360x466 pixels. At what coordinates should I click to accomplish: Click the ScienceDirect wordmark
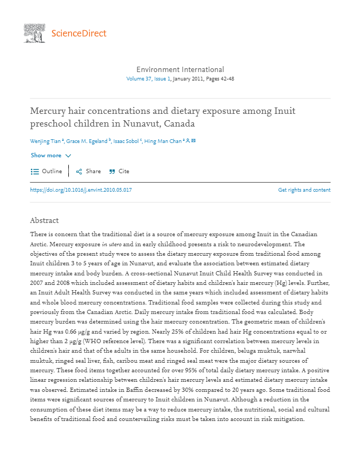coord(79,33)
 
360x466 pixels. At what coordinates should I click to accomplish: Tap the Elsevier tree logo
coord(34,33)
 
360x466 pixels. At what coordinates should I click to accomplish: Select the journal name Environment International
coord(180,69)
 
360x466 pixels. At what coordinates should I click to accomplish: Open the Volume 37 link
coord(139,79)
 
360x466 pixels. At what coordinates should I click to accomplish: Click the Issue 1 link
coord(162,79)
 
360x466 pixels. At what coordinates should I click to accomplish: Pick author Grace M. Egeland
coord(87,141)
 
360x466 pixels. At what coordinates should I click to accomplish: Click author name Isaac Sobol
coord(126,141)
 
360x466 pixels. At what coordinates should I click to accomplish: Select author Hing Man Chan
coord(163,141)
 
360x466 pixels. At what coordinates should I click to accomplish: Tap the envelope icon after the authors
coord(194,141)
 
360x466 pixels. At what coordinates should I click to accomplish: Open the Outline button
coord(46,172)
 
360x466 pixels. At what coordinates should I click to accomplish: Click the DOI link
coord(81,190)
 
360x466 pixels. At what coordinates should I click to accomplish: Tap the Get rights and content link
coord(304,190)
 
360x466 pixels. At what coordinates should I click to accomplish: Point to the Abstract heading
coord(44,220)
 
